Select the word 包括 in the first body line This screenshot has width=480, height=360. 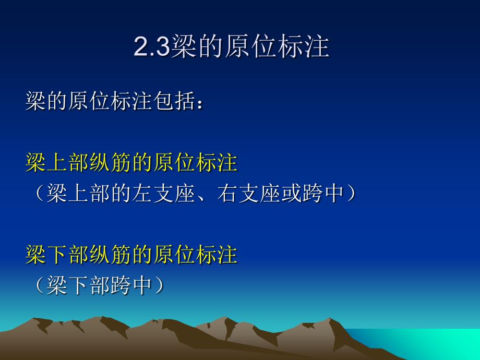point(174,101)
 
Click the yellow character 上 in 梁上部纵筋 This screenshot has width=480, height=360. point(57,162)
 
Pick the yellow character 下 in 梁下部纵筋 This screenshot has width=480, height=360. point(57,255)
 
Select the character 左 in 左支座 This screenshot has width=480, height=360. point(142,193)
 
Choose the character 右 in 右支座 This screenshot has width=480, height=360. point(227,193)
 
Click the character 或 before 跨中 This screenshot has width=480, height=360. point(291,193)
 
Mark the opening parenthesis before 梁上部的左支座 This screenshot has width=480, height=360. point(39,193)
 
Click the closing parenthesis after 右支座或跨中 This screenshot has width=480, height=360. point(352,193)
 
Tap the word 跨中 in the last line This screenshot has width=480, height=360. point(131,285)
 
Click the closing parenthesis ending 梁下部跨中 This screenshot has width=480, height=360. point(160,285)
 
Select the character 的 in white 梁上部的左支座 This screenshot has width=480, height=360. point(121,193)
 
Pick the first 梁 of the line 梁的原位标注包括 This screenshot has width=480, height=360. point(35,101)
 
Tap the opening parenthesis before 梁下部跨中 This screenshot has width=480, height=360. point(39,285)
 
